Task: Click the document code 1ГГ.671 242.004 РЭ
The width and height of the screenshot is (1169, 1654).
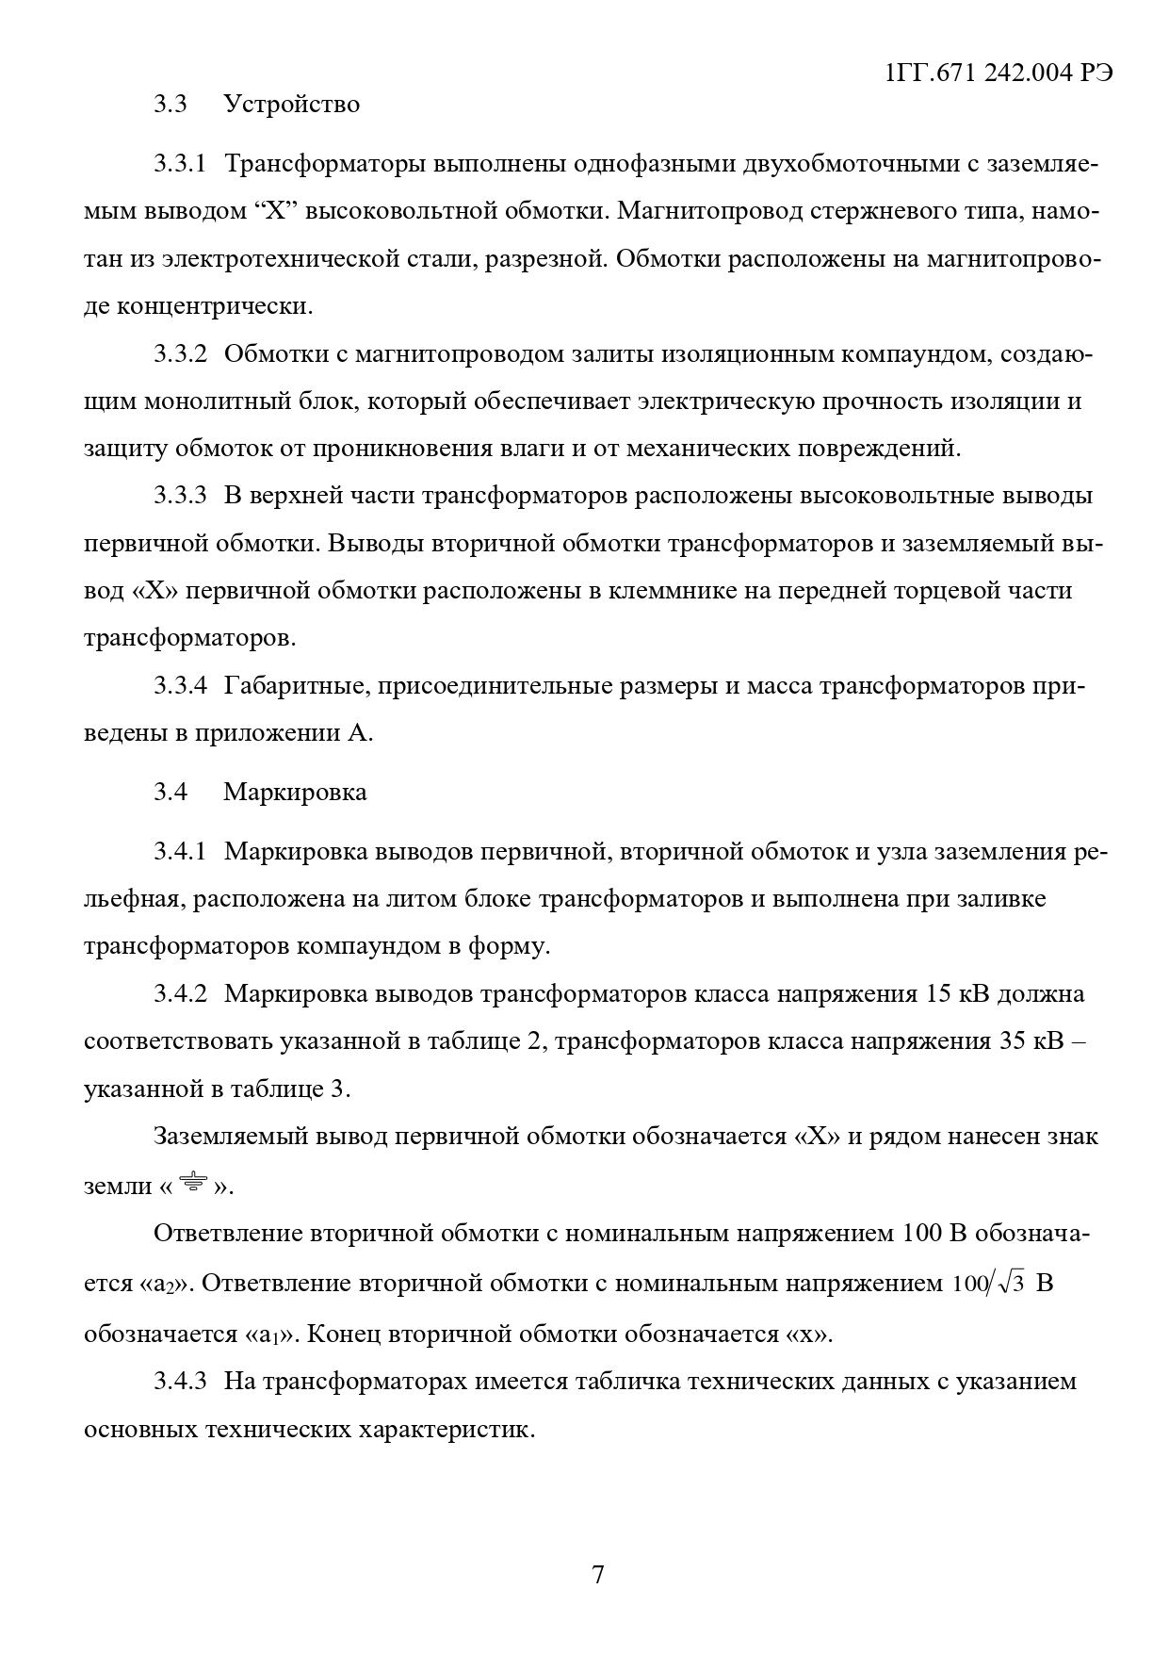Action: (1000, 74)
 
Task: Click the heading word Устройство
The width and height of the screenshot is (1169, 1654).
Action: (291, 104)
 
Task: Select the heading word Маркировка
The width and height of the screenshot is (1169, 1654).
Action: (295, 792)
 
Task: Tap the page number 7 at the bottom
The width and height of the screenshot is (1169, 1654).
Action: (597, 1574)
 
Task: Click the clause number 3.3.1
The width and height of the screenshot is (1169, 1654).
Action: (180, 164)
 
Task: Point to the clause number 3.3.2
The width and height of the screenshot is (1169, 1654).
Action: (180, 354)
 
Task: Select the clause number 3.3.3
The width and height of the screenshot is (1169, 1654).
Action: (180, 496)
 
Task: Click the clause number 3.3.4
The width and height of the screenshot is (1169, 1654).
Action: (180, 685)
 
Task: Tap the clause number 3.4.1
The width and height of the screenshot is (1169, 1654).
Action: (180, 852)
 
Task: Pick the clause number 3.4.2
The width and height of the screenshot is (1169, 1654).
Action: (180, 993)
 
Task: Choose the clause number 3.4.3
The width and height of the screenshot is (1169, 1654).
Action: (180, 1382)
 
